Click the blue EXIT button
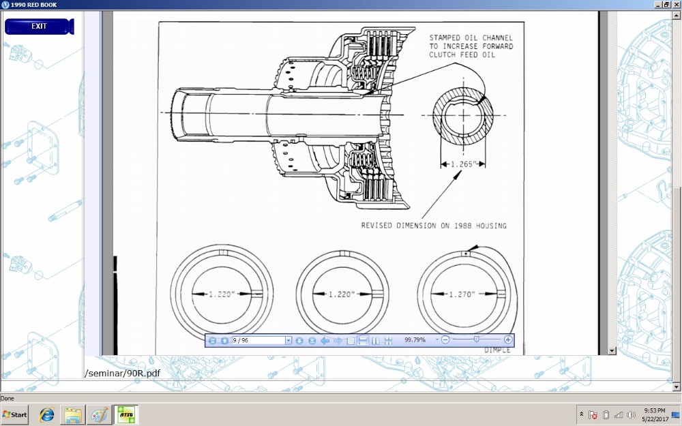[39, 26]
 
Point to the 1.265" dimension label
[463, 164]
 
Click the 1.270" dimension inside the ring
[462, 294]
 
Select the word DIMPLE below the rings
[497, 350]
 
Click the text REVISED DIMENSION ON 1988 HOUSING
[434, 226]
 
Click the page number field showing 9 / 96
[258, 340]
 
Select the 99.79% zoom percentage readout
[415, 340]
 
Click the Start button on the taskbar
[14, 414]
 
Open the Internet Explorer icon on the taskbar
[46, 414]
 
